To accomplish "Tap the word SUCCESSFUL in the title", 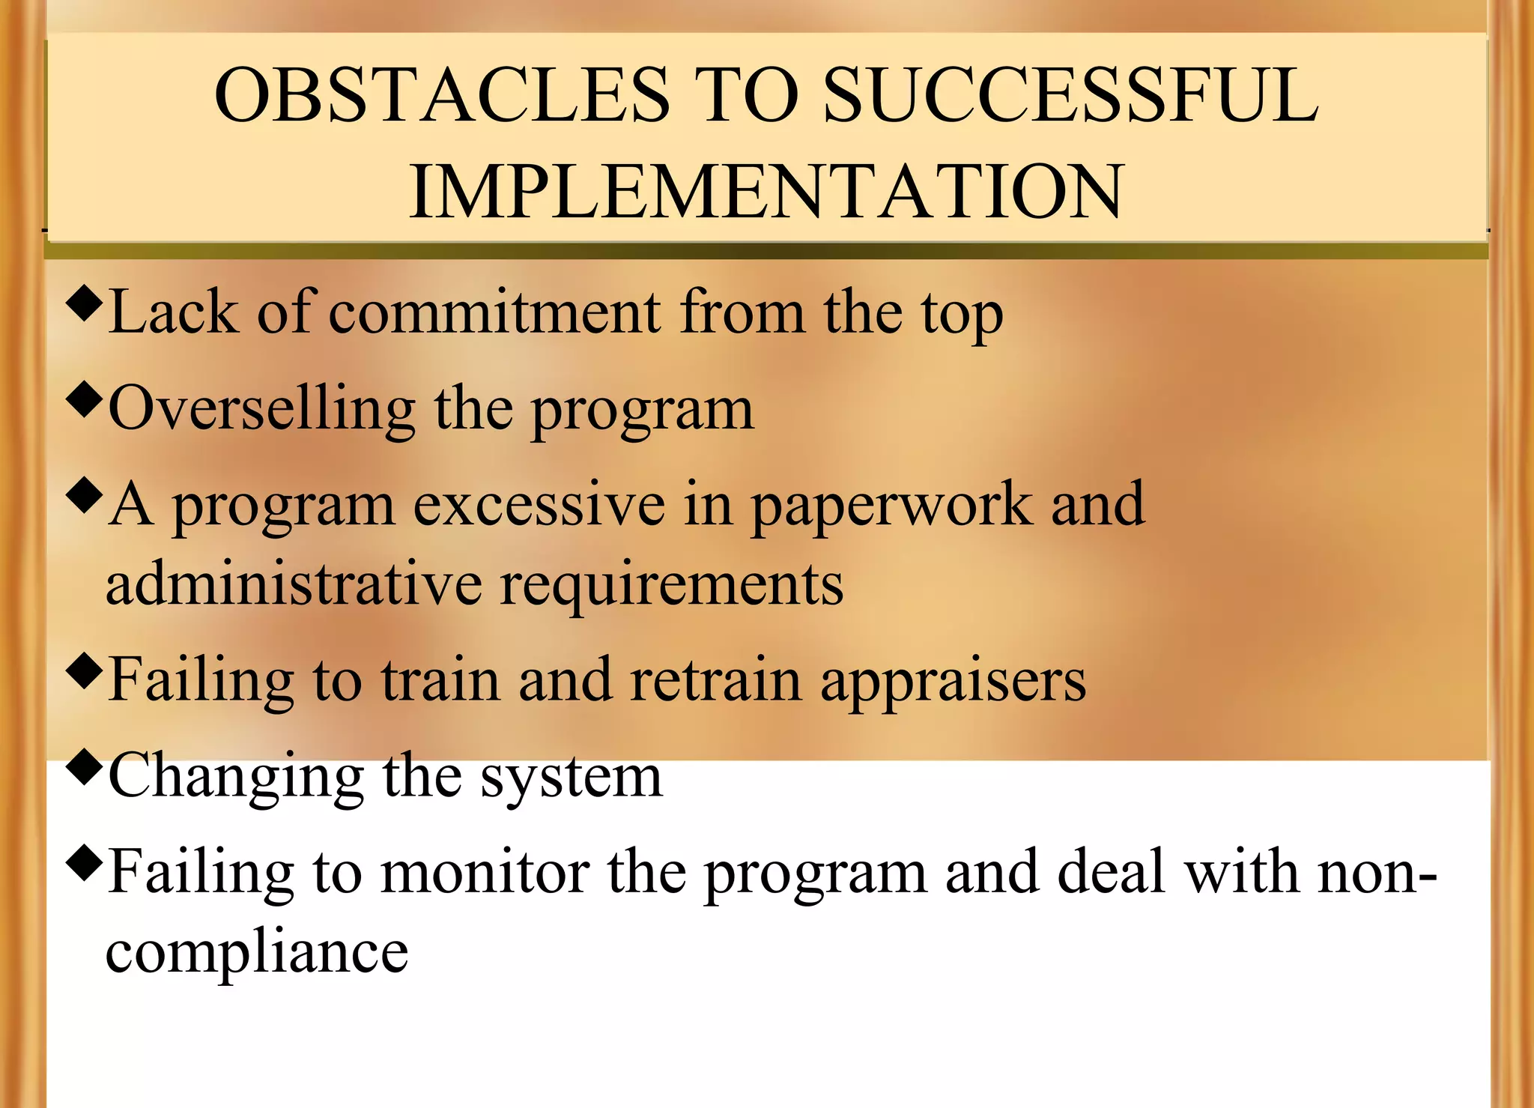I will coord(1071,95).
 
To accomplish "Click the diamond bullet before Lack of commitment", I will coord(83,304).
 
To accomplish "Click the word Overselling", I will coord(261,409).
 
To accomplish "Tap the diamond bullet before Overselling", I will coord(83,400).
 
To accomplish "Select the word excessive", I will coord(539,504).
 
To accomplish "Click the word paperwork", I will coord(891,504).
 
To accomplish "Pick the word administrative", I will coord(294,584).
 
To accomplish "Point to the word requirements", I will coord(671,585).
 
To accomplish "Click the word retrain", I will coord(715,679).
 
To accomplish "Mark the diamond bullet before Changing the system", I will coord(83,766).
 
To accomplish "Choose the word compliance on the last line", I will coord(257,952).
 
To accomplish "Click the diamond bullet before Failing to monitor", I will coord(83,863).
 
